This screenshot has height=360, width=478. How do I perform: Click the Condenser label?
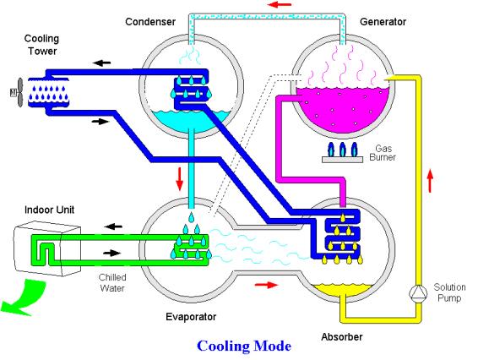click(x=150, y=22)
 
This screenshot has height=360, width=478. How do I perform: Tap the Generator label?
click(x=383, y=22)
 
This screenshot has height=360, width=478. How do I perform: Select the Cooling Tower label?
click(x=41, y=45)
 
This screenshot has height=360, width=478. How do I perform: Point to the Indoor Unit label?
click(x=49, y=210)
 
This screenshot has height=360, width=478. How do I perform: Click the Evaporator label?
click(x=191, y=317)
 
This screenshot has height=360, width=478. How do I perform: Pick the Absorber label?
click(x=342, y=337)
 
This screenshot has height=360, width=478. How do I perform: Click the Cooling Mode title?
click(x=244, y=346)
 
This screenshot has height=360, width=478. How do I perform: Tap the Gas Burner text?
click(x=383, y=153)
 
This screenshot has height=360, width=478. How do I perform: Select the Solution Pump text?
click(x=449, y=292)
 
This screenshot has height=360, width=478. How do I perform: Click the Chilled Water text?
click(x=112, y=282)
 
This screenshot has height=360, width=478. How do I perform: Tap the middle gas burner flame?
click(x=342, y=150)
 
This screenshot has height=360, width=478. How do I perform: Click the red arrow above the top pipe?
click(x=280, y=4)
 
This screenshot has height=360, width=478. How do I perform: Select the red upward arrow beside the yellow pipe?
click(x=430, y=180)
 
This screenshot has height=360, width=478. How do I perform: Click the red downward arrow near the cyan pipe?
click(x=180, y=179)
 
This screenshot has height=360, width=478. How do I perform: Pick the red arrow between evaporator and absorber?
click(x=266, y=285)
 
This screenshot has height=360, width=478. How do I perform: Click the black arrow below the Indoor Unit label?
click(x=113, y=226)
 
